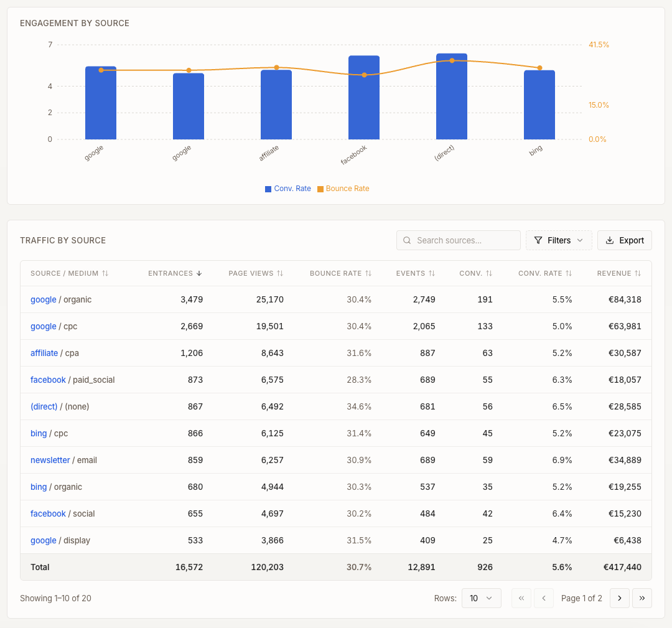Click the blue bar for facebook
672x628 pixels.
pos(364,98)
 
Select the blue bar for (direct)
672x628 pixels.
pos(452,96)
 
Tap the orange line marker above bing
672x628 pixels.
pos(539,68)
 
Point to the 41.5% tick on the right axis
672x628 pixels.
pos(599,45)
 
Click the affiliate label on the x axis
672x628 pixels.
pos(269,152)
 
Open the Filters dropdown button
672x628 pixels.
pos(559,240)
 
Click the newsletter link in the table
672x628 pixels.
pos(50,460)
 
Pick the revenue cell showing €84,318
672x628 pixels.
pos(624,299)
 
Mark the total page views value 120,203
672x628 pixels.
pos(269,567)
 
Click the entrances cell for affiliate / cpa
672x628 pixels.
pos(191,353)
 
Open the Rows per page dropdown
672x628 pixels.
pos(481,598)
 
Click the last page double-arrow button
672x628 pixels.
pos(642,598)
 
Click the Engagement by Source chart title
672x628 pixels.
pos(75,23)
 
